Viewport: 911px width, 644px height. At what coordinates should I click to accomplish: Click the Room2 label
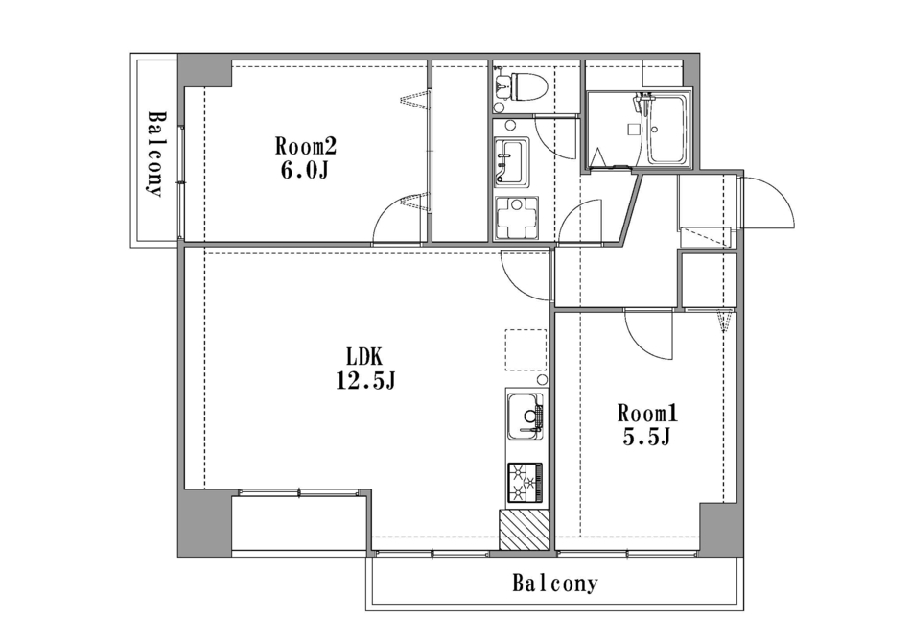[x=306, y=147]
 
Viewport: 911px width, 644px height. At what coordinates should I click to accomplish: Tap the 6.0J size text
[x=305, y=171]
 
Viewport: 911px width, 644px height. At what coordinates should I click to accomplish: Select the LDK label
[x=363, y=356]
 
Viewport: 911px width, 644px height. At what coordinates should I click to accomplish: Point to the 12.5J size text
[x=366, y=381]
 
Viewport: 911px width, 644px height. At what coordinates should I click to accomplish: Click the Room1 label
[x=647, y=414]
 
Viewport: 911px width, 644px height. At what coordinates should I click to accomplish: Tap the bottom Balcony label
[x=555, y=583]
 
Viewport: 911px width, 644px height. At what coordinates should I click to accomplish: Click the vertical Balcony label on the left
[x=154, y=154]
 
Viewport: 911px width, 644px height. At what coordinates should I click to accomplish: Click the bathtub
[x=666, y=130]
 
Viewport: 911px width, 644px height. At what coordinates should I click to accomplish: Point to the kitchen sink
[x=526, y=417]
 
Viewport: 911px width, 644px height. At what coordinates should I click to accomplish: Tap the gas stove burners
[x=526, y=483]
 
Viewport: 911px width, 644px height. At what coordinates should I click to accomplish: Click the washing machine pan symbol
[x=516, y=219]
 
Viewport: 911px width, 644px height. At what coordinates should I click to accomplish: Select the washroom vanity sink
[x=511, y=163]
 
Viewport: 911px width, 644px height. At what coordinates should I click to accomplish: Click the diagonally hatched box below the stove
[x=524, y=530]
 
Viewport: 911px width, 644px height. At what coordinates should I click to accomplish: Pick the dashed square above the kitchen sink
[x=526, y=350]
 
